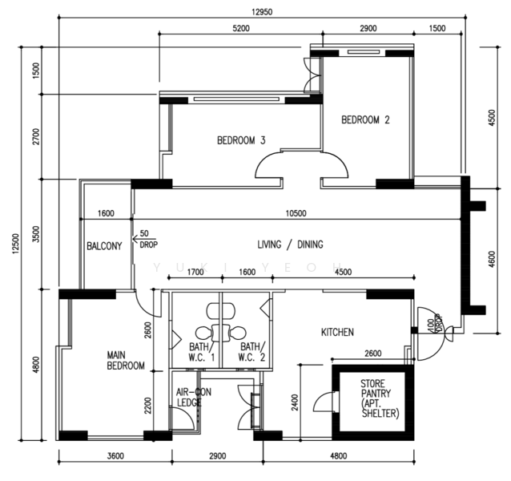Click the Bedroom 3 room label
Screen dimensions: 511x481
[x=241, y=140]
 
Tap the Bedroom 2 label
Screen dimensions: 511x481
[x=365, y=120]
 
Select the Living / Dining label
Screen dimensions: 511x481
[x=291, y=245]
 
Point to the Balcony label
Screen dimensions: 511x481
[x=104, y=246]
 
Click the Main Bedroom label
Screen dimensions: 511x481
[x=126, y=360]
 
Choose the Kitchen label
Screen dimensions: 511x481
[x=337, y=333]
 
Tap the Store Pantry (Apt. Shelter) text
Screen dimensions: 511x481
[x=380, y=398]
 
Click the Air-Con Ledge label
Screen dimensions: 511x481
[x=194, y=397]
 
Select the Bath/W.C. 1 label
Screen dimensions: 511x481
[x=202, y=352]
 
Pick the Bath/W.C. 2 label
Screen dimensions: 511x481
[x=252, y=352]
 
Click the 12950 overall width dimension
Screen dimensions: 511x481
[x=262, y=12]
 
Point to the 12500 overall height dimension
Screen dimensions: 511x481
[x=16, y=244]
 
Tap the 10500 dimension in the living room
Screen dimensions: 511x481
[x=296, y=213]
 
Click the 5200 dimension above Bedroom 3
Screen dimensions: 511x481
[x=241, y=28]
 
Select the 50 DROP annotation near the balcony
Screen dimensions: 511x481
[x=149, y=239]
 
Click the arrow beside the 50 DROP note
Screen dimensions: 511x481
[x=144, y=239]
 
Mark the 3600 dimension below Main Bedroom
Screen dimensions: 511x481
[x=115, y=455]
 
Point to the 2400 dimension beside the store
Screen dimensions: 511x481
[x=295, y=402]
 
